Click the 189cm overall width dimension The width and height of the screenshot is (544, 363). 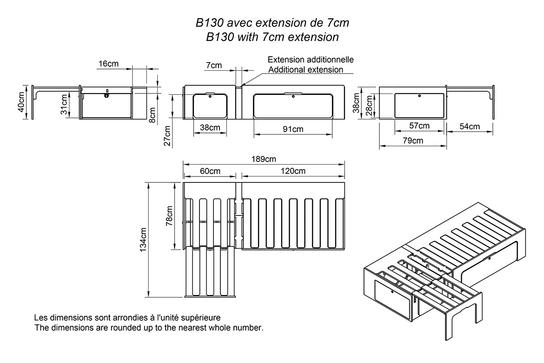click(x=265, y=159)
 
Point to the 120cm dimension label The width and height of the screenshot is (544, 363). click(x=292, y=171)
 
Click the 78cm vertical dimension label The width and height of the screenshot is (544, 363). click(x=169, y=216)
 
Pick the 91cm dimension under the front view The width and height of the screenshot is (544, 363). click(x=293, y=129)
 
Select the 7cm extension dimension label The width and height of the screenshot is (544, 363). click(x=214, y=65)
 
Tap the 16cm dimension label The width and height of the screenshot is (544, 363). click(x=108, y=64)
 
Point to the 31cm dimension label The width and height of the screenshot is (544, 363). click(x=64, y=104)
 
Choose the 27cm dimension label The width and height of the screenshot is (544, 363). click(x=167, y=136)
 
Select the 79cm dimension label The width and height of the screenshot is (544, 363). click(x=412, y=141)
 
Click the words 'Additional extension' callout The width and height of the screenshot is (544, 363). click(x=306, y=70)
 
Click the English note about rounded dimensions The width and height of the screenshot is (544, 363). click(x=149, y=327)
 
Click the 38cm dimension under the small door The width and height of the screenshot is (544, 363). click(x=210, y=128)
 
